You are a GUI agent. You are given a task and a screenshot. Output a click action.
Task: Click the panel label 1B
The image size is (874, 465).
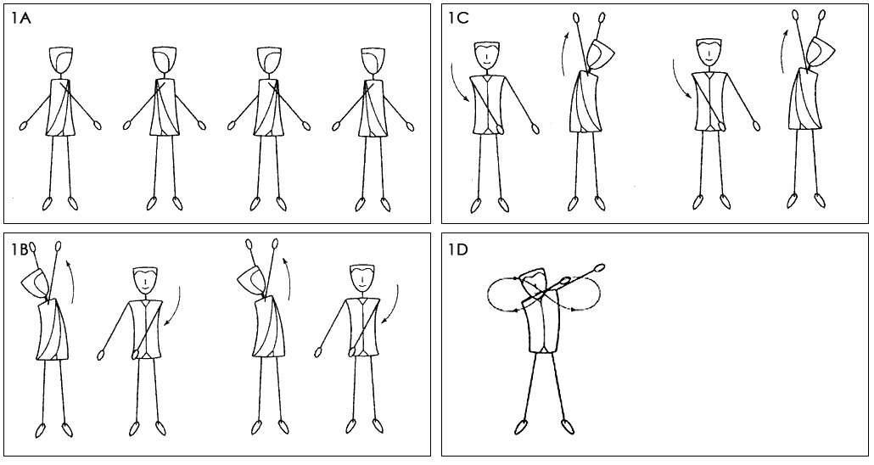[x=20, y=249]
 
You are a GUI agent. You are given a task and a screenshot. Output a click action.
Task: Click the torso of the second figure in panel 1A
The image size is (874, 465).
[x=165, y=108]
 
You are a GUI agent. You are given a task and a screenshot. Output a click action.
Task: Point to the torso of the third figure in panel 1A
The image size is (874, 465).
[x=269, y=108]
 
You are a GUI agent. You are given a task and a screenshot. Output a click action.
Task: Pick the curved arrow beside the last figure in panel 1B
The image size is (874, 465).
[x=392, y=305]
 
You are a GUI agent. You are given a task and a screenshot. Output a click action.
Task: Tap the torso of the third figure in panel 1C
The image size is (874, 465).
[x=708, y=101]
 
